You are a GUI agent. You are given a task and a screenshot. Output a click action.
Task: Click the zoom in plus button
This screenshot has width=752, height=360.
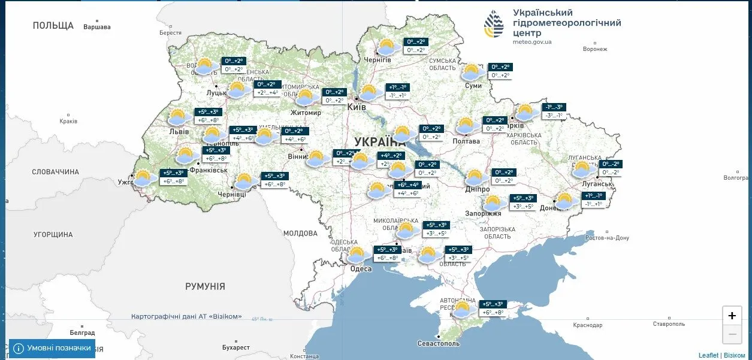point(732,316)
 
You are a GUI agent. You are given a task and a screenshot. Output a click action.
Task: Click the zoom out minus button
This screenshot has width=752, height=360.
point(732,334)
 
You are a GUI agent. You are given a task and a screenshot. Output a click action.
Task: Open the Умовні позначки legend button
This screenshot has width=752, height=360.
point(52,348)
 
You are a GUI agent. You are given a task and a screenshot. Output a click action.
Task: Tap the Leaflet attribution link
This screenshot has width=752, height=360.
point(708,355)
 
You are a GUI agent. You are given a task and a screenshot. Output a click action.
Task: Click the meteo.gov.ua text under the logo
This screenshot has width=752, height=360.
point(532,42)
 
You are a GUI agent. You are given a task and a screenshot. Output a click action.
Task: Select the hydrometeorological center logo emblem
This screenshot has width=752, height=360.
point(494,24)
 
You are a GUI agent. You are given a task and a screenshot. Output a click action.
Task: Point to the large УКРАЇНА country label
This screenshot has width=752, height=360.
point(380,141)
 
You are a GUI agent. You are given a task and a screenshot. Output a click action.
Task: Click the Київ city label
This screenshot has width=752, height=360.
point(357,107)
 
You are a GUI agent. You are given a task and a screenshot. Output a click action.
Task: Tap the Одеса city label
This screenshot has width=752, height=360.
point(361,269)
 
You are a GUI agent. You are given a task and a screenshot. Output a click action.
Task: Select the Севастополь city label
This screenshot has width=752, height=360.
point(439,344)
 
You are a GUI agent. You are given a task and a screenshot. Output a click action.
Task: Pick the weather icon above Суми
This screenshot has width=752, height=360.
point(473,72)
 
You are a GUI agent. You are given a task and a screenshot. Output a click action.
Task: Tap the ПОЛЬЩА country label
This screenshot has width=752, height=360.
point(53,25)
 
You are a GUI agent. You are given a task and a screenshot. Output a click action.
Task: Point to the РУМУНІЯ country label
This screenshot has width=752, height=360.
point(205,286)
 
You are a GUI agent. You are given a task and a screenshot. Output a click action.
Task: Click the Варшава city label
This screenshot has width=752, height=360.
point(98,27)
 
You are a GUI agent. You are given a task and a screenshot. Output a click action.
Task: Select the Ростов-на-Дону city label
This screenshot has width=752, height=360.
point(607,238)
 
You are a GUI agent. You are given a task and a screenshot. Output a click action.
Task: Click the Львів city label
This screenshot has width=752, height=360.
point(179,132)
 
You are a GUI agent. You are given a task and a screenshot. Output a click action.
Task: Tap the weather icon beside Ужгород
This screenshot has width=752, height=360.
point(143,178)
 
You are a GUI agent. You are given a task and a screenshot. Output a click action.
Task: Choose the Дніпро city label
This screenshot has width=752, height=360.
point(478,189)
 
